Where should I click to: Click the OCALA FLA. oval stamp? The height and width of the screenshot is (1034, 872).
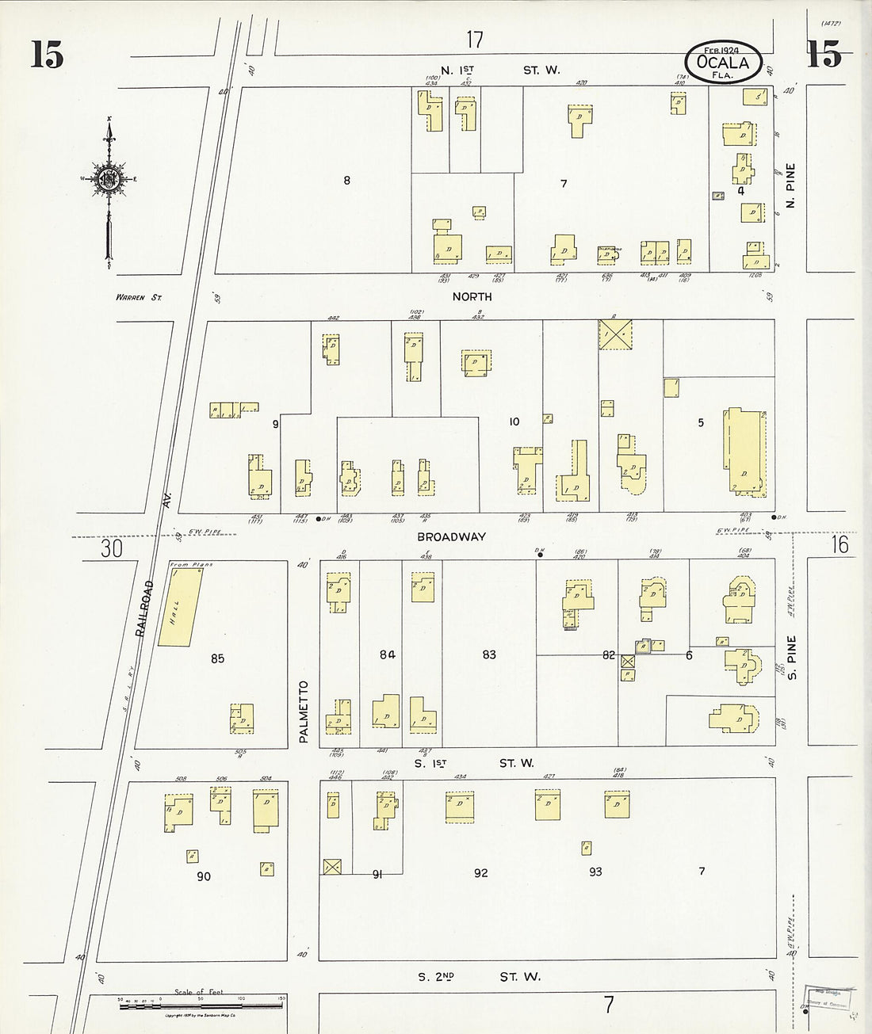coord(723,61)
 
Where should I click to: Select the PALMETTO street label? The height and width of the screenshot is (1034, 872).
coord(304,711)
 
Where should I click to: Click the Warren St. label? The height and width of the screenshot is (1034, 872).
coord(138,297)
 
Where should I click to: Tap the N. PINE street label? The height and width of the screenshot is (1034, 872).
coord(790,185)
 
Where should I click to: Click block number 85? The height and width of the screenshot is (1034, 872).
coord(217,658)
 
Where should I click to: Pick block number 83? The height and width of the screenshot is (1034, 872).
coord(489,654)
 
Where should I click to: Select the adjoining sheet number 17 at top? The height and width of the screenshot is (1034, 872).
coord(475,38)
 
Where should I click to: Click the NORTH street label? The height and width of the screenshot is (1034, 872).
coord(472,296)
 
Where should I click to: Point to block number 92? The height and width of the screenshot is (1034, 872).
coord(480,872)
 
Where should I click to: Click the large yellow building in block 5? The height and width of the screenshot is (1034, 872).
coord(743,452)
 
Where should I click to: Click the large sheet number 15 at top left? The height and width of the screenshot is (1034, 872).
coord(48,55)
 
